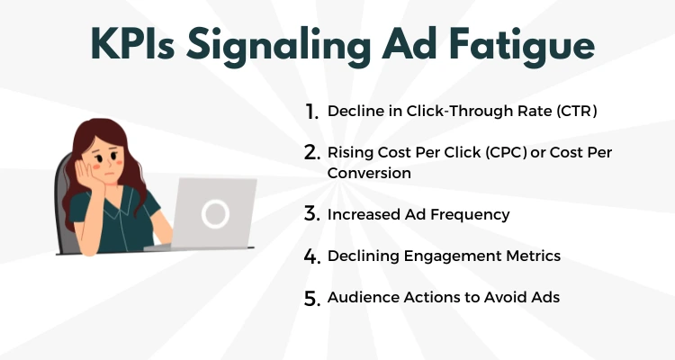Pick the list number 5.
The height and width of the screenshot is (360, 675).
(311, 298)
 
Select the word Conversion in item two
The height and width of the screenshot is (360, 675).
(369, 173)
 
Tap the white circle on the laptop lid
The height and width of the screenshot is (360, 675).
(215, 213)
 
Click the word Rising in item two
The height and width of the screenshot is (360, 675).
(349, 153)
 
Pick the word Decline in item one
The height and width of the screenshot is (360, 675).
(353, 112)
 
